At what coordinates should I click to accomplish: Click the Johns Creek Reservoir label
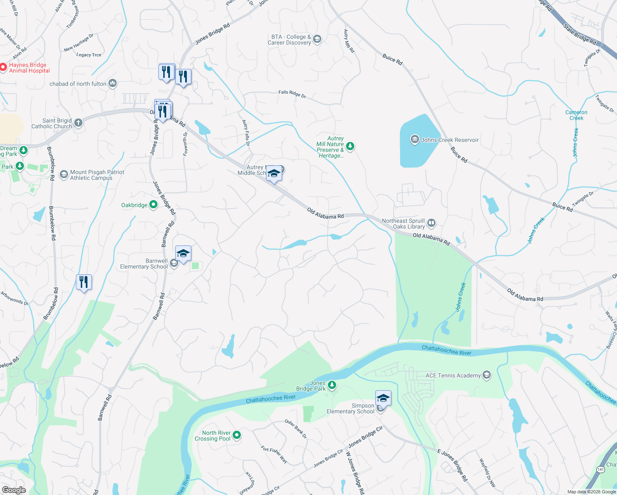(x=450, y=140)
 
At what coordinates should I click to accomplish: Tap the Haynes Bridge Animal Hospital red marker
(x=3, y=67)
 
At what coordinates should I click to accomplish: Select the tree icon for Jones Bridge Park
(x=332, y=385)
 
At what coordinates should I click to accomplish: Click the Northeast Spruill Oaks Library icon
(x=431, y=223)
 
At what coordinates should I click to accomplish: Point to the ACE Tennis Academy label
(x=453, y=375)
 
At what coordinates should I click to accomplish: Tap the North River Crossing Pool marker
(x=237, y=435)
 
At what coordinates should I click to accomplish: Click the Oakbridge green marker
(x=153, y=205)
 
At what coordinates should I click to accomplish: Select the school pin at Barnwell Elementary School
(x=183, y=253)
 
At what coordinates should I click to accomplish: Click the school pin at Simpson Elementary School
(x=383, y=398)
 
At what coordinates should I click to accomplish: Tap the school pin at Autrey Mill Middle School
(x=274, y=173)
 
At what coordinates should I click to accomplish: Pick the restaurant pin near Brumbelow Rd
(x=84, y=282)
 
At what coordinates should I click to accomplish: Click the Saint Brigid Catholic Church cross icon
(x=78, y=123)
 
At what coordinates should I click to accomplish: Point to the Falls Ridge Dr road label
(x=292, y=94)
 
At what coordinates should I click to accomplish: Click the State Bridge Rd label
(x=580, y=35)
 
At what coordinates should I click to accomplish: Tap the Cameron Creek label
(x=576, y=115)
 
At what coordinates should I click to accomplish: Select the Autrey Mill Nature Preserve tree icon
(x=350, y=146)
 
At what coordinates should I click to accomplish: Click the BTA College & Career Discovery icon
(x=317, y=40)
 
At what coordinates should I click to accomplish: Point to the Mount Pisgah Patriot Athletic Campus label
(x=97, y=175)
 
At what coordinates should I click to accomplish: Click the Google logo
(x=14, y=490)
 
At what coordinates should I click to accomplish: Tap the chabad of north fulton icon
(x=113, y=84)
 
